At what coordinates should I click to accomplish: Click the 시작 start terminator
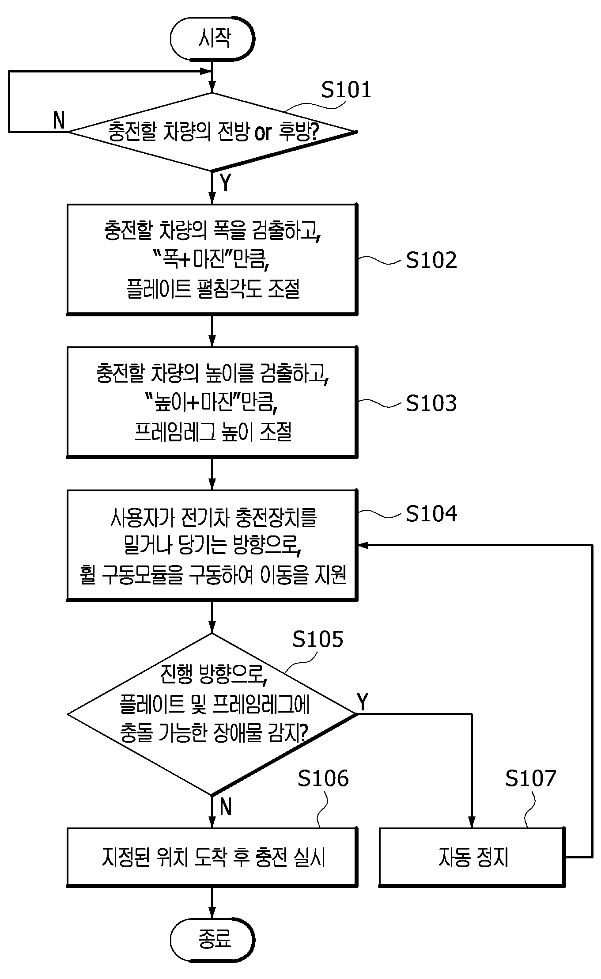coord(212,38)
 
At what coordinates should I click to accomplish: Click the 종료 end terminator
coord(212,939)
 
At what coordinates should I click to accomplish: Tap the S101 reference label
coord(346,90)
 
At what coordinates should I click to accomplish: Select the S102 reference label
coord(431,260)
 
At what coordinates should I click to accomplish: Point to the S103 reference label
coord(431,403)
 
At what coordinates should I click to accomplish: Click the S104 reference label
coord(431,513)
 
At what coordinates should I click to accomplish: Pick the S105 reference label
coord(318,639)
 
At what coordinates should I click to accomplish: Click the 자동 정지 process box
coord(472,857)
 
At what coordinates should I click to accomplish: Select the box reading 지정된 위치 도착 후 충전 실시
coord(212,857)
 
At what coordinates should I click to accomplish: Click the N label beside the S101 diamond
coord(59,120)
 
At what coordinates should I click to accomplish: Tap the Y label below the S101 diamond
coord(225,182)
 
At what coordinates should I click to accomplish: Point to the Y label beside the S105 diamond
coord(362,702)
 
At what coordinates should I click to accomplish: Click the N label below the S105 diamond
coord(226,807)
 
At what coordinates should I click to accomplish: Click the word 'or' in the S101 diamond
coord(263,132)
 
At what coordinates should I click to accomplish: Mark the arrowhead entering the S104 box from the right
coord(363,546)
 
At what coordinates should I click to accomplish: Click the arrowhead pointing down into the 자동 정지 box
coord(472,822)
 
